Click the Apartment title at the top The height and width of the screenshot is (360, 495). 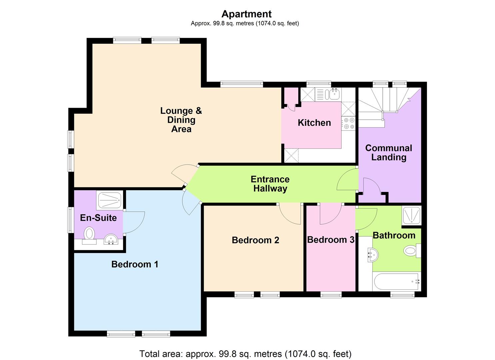click(x=246, y=14)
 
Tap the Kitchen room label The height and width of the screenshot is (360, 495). click(x=314, y=123)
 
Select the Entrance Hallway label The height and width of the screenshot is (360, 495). click(x=270, y=184)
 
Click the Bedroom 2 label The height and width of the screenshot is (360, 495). click(x=255, y=240)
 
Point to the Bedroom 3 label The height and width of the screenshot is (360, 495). click(x=330, y=240)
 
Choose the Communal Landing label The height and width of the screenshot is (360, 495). click(x=389, y=153)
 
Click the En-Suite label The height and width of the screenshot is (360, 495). click(x=98, y=218)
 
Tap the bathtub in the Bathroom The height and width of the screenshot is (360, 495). click(x=397, y=282)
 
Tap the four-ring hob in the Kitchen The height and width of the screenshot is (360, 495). click(x=349, y=123)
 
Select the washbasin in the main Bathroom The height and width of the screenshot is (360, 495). click(x=372, y=255)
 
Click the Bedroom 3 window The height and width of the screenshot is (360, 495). click(x=331, y=295)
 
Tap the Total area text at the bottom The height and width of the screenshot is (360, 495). click(x=245, y=353)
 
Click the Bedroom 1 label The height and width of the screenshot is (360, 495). click(x=135, y=265)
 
